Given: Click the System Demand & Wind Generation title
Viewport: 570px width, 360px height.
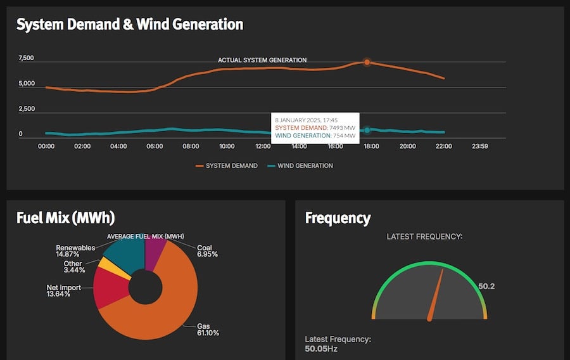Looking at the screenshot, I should (129, 25).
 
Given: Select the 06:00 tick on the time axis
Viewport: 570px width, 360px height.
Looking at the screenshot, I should (155, 146).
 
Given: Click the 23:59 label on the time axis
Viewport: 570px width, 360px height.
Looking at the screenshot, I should (480, 146).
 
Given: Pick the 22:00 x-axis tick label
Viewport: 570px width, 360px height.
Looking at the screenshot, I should (444, 146).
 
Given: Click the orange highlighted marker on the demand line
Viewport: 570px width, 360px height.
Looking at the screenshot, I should (367, 62).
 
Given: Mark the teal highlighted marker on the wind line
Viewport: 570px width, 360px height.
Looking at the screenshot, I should (367, 130).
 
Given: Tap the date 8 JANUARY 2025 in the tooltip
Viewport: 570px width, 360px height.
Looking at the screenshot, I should (296, 119).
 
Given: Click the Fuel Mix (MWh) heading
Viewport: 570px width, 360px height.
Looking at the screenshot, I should (65, 218).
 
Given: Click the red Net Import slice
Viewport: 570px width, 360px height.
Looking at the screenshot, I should (109, 288).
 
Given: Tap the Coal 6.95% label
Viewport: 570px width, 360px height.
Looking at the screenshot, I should (207, 251).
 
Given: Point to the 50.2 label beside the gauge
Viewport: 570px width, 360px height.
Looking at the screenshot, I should (486, 286).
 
